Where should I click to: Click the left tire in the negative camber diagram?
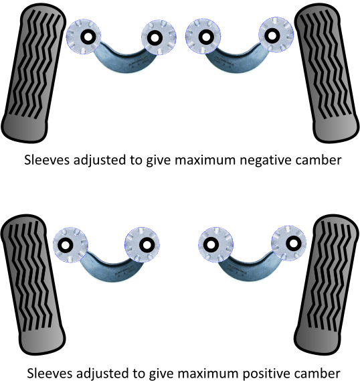pyautogui.click(x=33, y=73)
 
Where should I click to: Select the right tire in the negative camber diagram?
pyautogui.click(x=327, y=73)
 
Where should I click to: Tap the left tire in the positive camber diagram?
pyautogui.click(x=33, y=285)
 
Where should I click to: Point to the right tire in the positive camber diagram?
pyautogui.click(x=327, y=285)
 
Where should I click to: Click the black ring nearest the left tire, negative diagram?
pyautogui.click(x=88, y=37)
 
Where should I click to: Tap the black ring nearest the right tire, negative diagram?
pyautogui.click(x=272, y=35)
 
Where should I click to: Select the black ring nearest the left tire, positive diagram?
pyautogui.click(x=66, y=245)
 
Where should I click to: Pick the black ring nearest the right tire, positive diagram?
pyautogui.click(x=294, y=243)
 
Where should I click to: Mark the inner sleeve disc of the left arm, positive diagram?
pyautogui.click(x=142, y=244)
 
